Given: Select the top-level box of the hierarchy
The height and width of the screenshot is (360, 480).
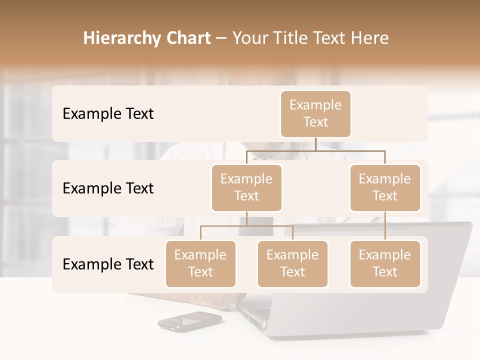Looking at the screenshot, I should coord(315,113).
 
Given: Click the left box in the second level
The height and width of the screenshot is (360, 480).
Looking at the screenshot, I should coord(246,187).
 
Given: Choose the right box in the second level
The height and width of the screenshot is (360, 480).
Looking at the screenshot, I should coord(385,187).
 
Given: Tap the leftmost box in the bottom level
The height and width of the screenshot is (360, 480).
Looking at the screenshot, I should coord(200,263).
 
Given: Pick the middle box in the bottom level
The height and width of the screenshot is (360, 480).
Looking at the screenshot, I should coord(292,263).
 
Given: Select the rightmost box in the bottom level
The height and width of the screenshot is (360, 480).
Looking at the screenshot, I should coord(385,263).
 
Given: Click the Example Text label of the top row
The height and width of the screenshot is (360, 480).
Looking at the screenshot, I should coord(108,113).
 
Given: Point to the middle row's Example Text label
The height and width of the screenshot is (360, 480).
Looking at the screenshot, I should coord(108,188).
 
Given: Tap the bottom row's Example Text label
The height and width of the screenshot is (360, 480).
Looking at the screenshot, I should coord(108,264).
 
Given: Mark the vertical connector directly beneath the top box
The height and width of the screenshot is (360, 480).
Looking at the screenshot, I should coord(315,144).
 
